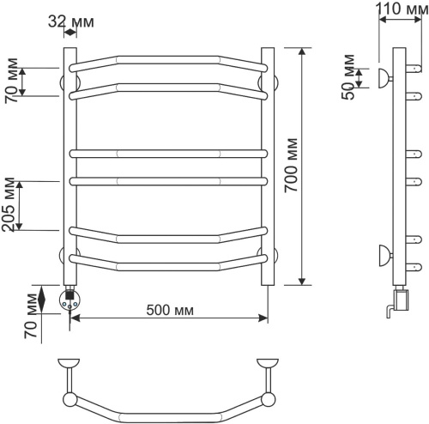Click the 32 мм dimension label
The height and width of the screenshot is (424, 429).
coord(70,21)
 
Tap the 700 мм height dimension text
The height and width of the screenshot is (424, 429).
coord(292,166)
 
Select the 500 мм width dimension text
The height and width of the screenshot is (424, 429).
coord(170,310)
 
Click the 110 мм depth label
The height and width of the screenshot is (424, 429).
coord(402,9)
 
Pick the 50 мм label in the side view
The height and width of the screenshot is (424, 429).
coord(347,76)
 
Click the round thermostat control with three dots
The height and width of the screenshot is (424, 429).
coord(69,300)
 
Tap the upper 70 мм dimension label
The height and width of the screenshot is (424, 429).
coord(11,81)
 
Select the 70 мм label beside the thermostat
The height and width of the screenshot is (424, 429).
coord(31,316)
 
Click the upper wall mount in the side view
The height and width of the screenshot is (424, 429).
coord(384,78)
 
